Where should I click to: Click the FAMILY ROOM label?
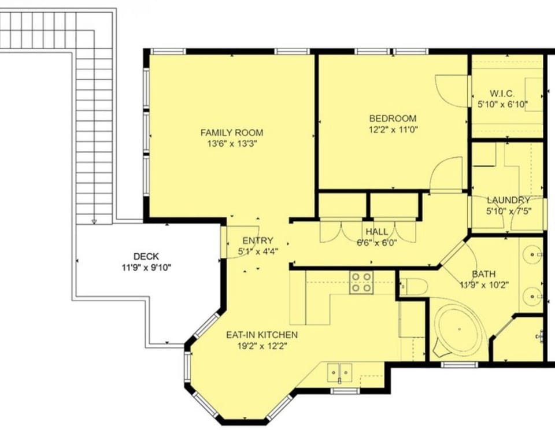[231, 133]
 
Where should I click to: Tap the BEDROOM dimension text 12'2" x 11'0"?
[393, 129]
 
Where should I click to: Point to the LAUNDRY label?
[508, 200]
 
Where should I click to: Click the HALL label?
[376, 232]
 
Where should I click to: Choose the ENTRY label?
[257, 240]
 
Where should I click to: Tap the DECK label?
[146, 256]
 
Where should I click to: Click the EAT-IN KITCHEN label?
[261, 335]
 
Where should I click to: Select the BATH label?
[483, 274]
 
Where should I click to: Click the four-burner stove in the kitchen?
[361, 282]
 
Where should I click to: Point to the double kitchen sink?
[339, 372]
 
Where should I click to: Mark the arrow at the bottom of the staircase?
[94, 220]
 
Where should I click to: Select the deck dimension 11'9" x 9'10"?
[146, 267]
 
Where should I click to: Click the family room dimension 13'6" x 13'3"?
[231, 144]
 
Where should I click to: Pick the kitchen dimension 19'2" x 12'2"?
[261, 346]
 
